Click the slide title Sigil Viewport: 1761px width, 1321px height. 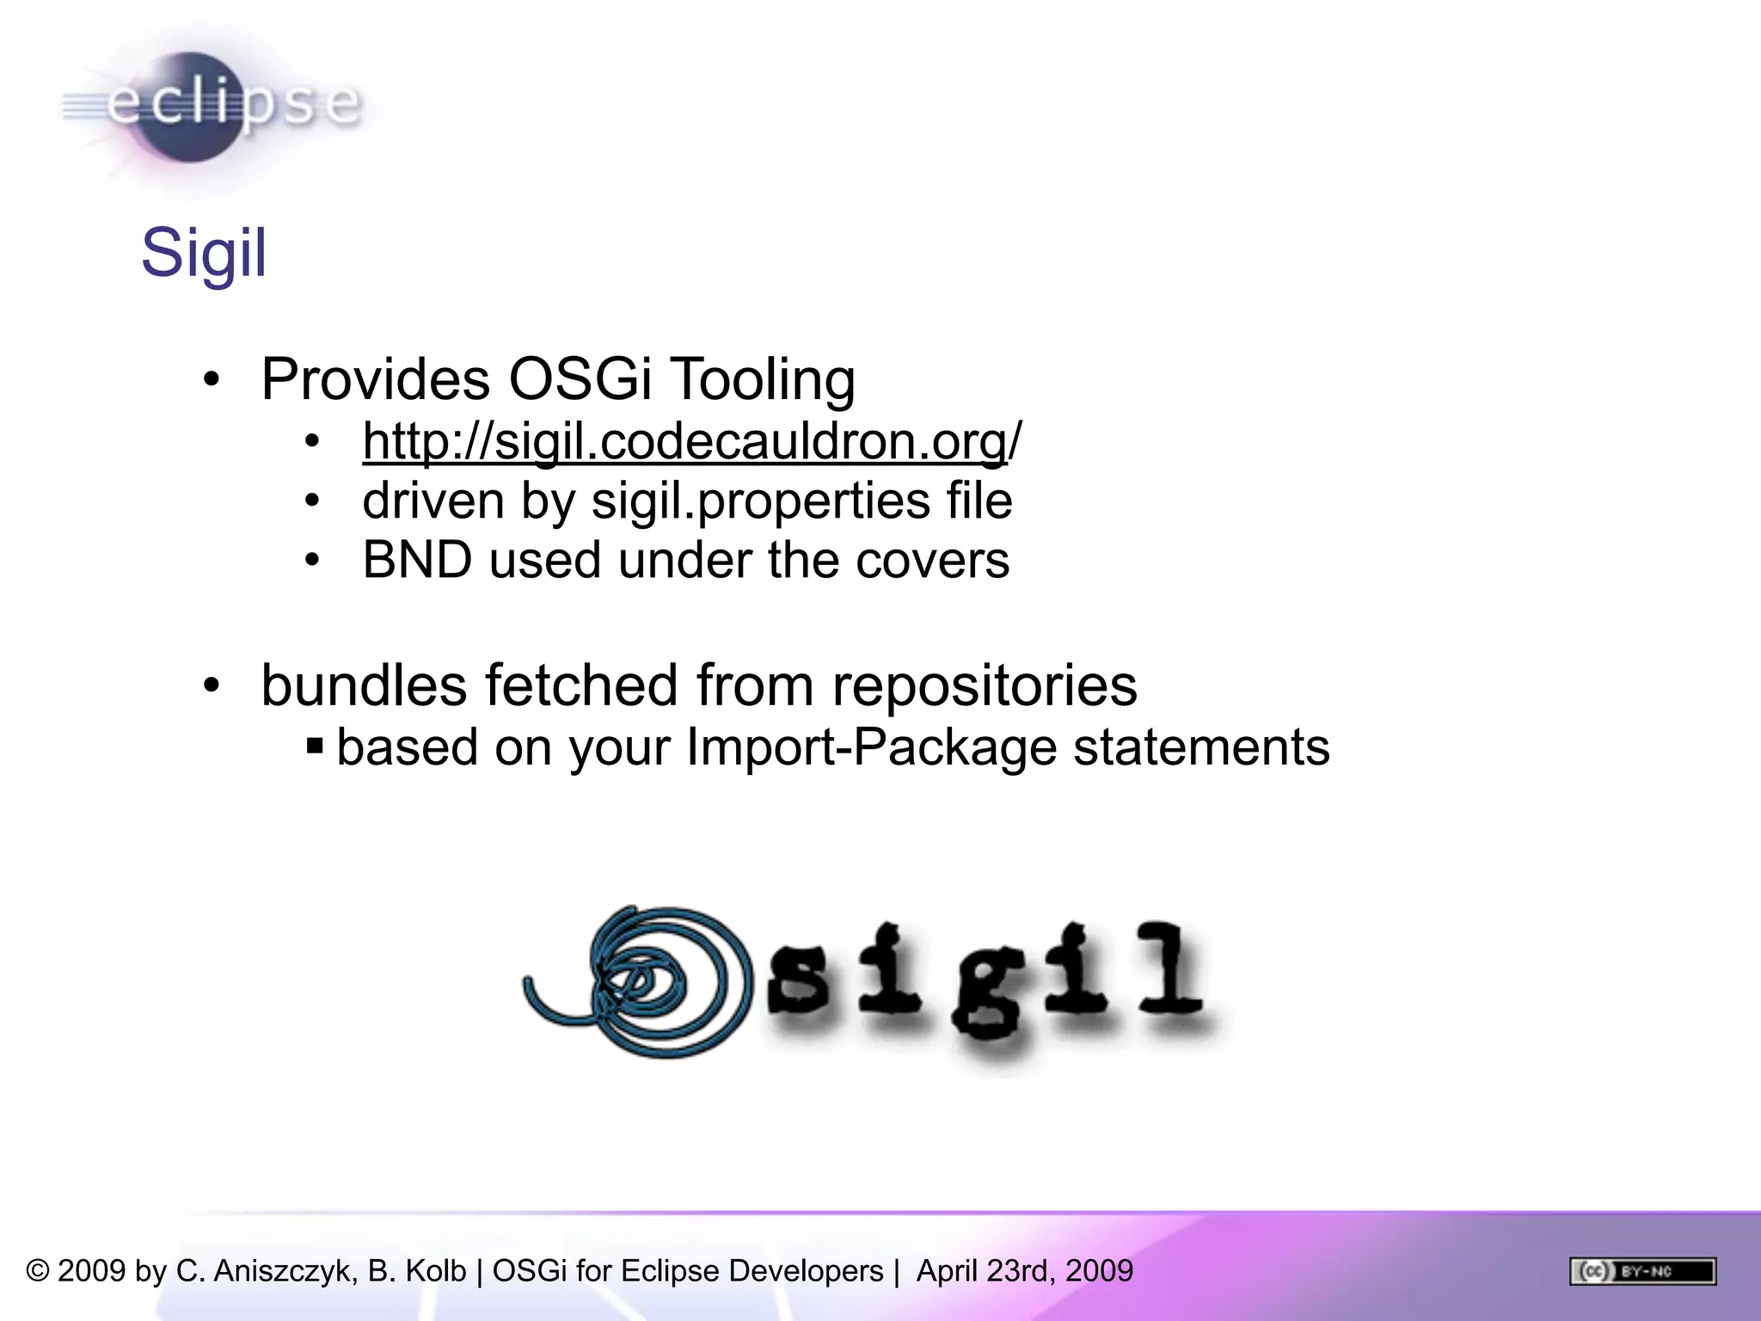coord(204,253)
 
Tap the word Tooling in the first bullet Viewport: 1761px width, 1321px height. coord(762,380)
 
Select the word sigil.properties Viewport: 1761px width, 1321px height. coord(760,501)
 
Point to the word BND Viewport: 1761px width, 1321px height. coord(417,560)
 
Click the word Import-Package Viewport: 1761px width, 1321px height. coord(871,747)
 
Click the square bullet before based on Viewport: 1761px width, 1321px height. coord(315,745)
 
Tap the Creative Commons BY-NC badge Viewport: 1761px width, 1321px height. coord(1642,1271)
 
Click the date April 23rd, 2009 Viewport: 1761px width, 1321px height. coord(1024,1271)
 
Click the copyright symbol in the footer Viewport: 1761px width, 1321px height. coord(38,1271)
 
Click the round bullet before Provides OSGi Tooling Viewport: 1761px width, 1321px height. coord(212,379)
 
